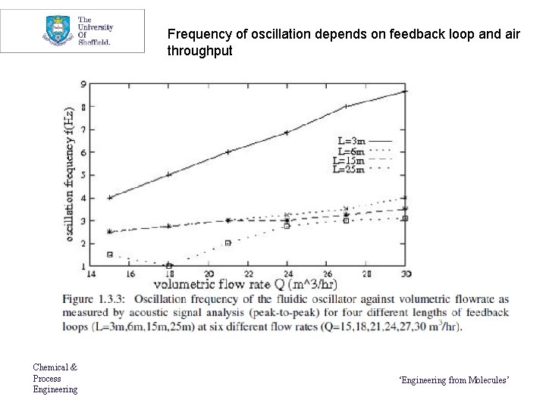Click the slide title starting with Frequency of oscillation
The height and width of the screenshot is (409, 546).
344,42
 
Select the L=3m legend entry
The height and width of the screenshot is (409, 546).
364,141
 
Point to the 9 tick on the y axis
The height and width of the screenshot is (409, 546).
83,83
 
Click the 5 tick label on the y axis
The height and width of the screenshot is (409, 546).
83,175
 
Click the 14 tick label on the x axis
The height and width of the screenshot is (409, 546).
91,273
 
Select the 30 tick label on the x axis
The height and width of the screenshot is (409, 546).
406,273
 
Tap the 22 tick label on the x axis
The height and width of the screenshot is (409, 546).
248,273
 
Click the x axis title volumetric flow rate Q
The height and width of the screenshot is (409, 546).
244,286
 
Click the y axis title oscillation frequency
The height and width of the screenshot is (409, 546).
70,174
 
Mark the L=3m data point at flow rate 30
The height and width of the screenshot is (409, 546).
405,91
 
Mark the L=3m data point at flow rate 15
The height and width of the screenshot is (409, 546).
111,197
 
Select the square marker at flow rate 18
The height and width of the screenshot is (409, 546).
169,266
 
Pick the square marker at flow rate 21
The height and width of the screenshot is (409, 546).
227,243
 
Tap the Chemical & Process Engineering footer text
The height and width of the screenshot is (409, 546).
55,378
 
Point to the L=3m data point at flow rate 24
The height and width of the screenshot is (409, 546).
287,133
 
